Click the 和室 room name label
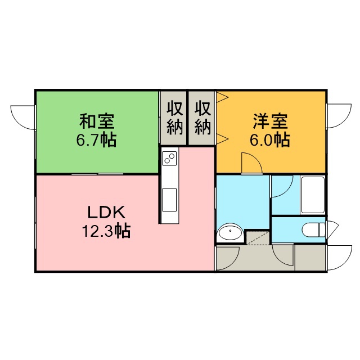[97, 121]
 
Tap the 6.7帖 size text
[96, 139]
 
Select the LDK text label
[106, 213]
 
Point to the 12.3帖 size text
[106, 231]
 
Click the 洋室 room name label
[270, 121]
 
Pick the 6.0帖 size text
[270, 139]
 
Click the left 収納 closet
[174, 118]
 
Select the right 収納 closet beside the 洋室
[202, 118]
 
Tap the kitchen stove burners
[170, 158]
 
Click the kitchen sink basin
[169, 200]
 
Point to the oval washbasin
[230, 233]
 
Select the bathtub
[313, 195]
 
